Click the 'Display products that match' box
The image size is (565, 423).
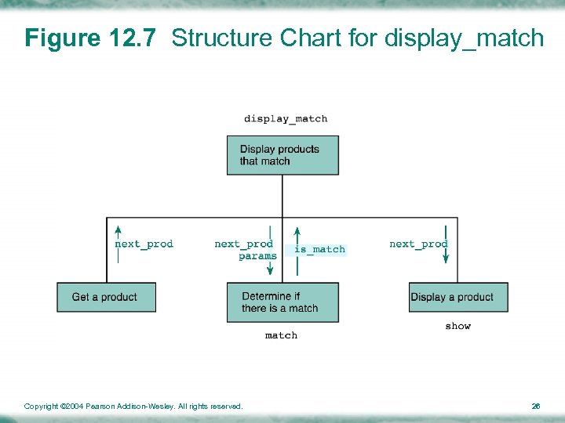coord(282,155)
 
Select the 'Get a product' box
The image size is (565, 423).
coord(106,297)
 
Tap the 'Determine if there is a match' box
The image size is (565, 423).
coord(282,302)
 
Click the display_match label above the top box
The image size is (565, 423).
coord(286,119)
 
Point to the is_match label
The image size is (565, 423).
coord(319,249)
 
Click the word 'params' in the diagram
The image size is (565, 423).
coord(257,256)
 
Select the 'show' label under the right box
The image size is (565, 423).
coord(458,326)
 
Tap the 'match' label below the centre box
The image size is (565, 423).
coord(281,335)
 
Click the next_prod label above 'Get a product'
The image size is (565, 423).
coord(144,244)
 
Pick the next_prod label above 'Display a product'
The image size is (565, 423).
coord(418,244)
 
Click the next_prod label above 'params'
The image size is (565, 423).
coord(243,244)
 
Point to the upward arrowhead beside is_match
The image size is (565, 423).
coord(297,232)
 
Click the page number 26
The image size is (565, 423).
coord(536,406)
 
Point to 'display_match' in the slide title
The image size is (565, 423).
coord(464,38)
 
